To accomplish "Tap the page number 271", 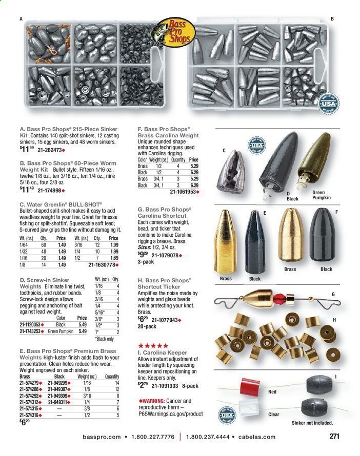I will (x=335, y=437).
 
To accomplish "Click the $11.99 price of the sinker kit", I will (x=27, y=150).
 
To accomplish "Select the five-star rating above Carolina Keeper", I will (x=153, y=346).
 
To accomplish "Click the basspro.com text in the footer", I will (x=102, y=437).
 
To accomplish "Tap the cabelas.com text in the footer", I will (x=256, y=437).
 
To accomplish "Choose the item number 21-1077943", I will (x=168, y=320).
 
